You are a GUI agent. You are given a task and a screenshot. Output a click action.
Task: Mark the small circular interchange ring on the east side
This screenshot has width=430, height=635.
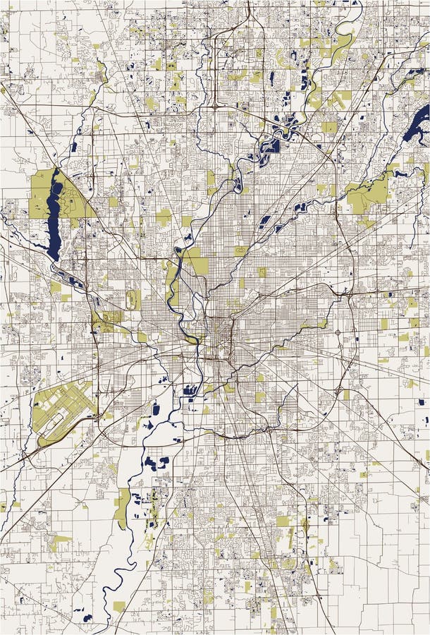pyautogui.click(x=337, y=332)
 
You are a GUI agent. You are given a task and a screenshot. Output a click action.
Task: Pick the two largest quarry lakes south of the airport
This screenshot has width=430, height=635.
pyautogui.click(x=156, y=463)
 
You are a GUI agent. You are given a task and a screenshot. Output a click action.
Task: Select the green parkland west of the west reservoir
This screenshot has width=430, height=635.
pyautogui.click(x=40, y=194)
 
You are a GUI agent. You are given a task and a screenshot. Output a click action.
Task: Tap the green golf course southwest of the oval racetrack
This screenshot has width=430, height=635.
pyautogui.click(x=106, y=321)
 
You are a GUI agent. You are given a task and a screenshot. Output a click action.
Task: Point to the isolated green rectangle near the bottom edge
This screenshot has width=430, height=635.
pyautogui.click(x=119, y=606)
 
